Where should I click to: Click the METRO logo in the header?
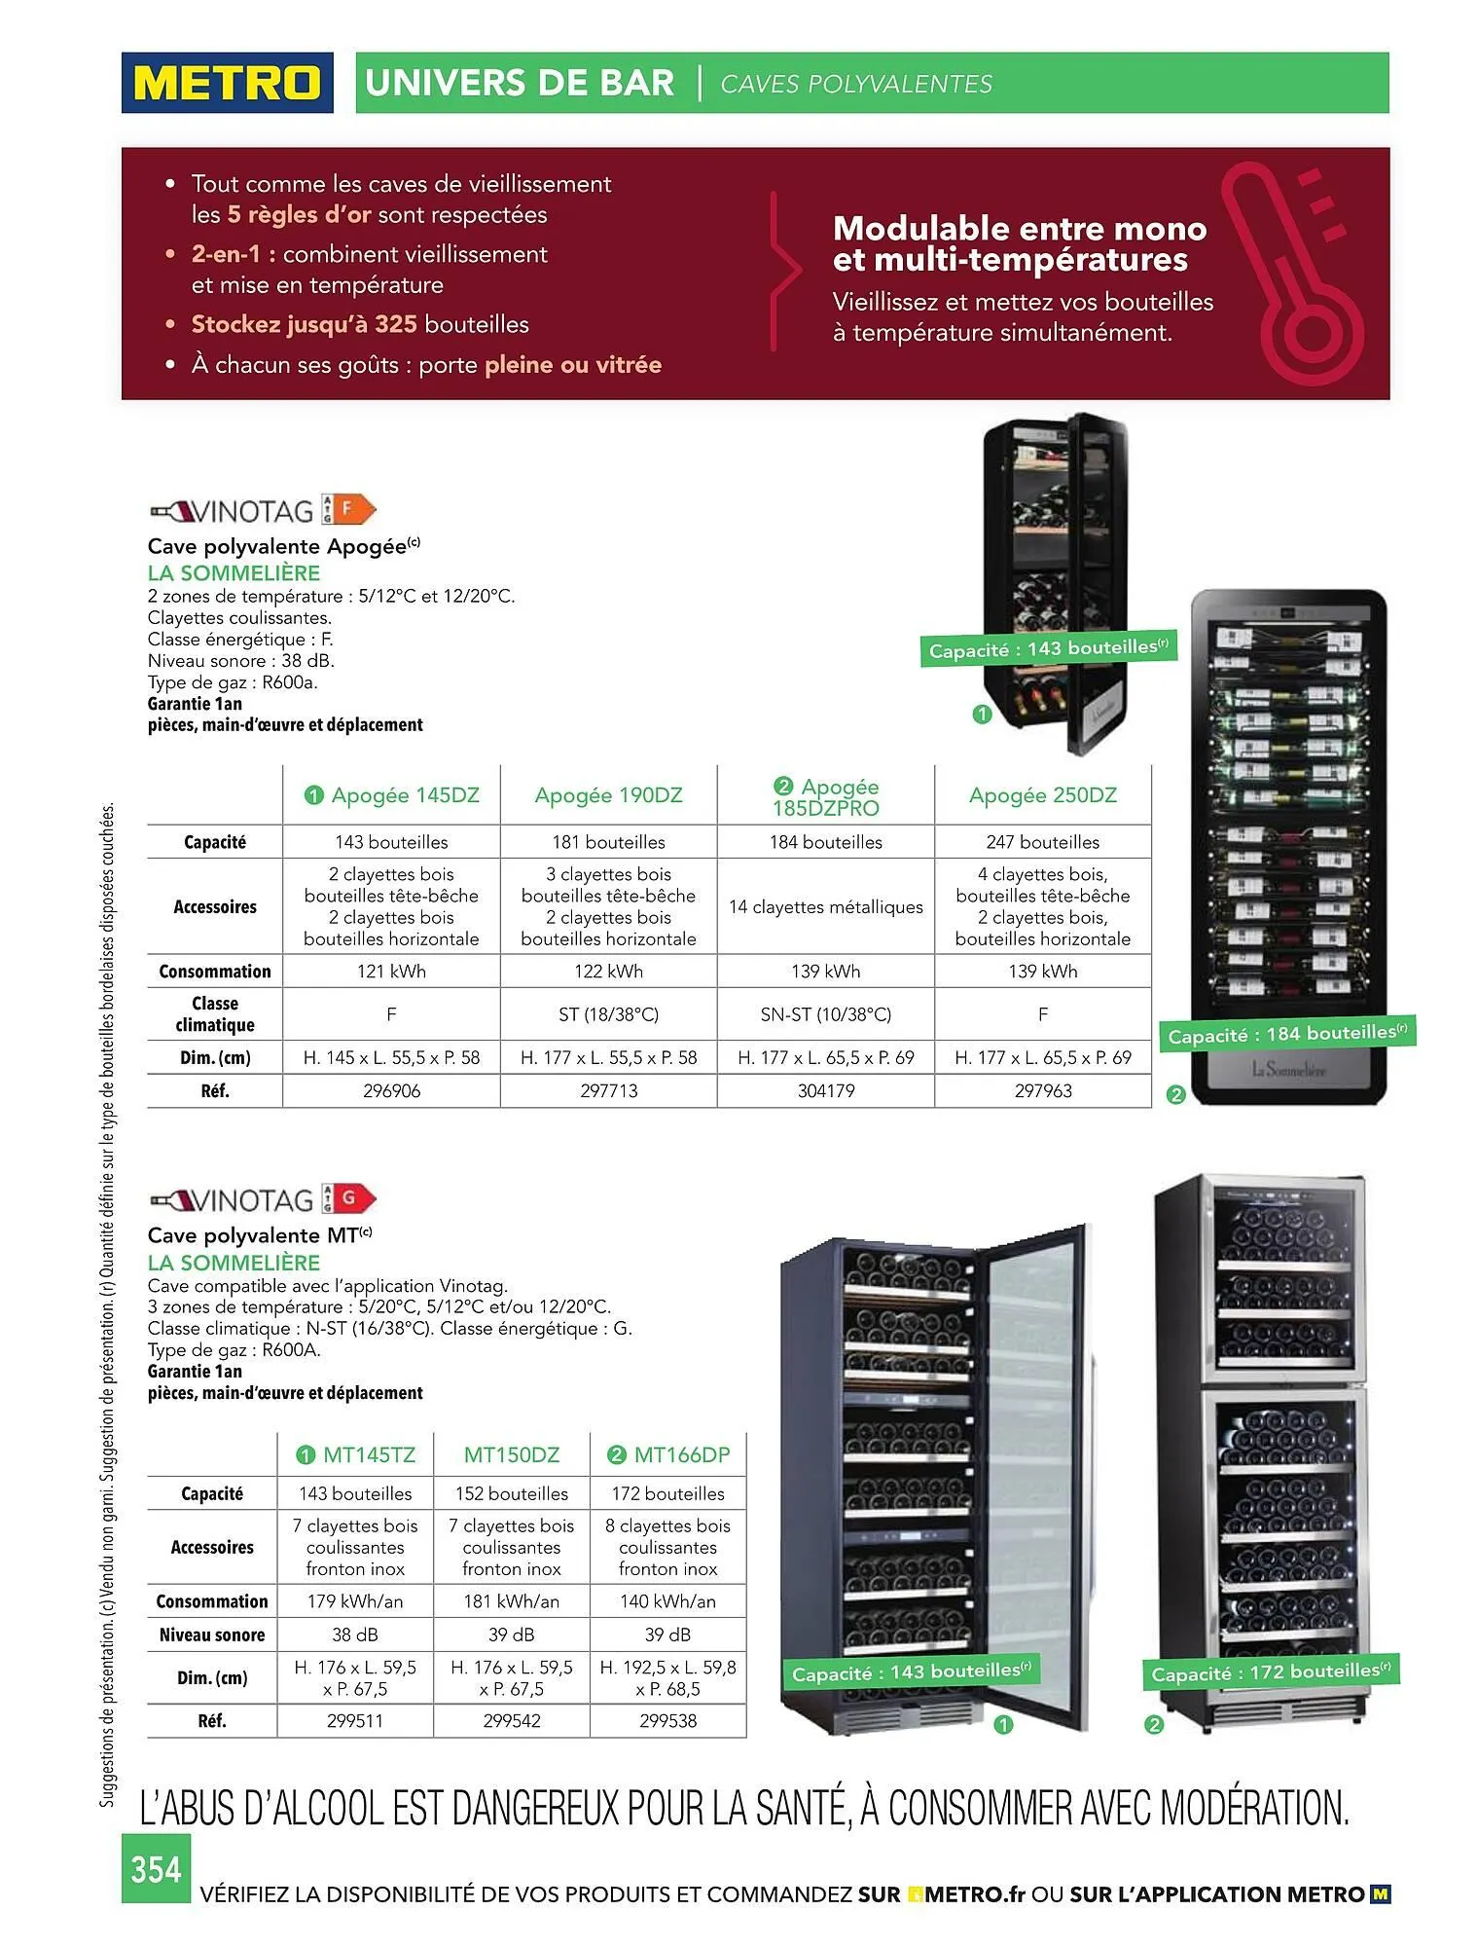(227, 83)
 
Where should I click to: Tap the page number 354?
(156, 1869)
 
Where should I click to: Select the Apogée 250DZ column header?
(1042, 795)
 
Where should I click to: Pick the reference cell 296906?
(391, 1091)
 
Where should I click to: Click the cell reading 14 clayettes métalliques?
(825, 907)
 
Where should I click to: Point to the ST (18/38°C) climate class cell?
(608, 1014)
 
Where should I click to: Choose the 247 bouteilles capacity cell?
(1042, 842)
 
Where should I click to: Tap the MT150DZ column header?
(512, 1455)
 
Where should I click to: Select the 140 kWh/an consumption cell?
(667, 1601)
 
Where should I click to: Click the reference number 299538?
(667, 1720)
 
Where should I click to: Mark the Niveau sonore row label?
(212, 1635)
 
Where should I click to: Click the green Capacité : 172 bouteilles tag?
(1270, 1672)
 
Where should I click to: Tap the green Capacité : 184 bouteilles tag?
(1286, 1034)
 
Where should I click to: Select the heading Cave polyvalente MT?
(259, 1235)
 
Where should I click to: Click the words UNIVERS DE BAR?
(520, 84)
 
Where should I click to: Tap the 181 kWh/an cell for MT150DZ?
(512, 1601)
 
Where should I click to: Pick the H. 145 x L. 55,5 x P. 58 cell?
(391, 1058)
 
